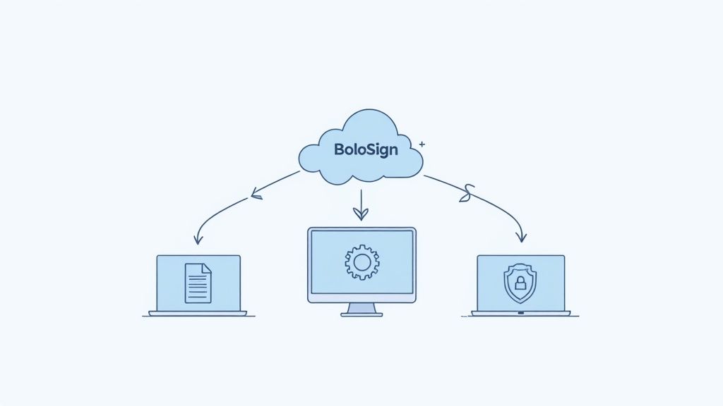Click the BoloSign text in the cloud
click(x=366, y=150)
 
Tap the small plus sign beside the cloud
click(x=422, y=144)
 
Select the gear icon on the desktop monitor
click(x=361, y=262)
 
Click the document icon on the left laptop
click(x=198, y=283)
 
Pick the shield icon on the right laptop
click(x=520, y=283)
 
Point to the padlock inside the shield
click(x=520, y=284)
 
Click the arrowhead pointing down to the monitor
click(x=361, y=214)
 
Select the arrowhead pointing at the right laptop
click(x=521, y=238)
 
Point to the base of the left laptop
click(x=198, y=313)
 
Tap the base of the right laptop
click(x=521, y=313)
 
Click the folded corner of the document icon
click(x=207, y=267)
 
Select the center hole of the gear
click(x=361, y=262)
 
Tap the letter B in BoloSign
click(x=339, y=150)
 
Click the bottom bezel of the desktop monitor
click(x=361, y=298)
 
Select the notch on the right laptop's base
click(x=521, y=312)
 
